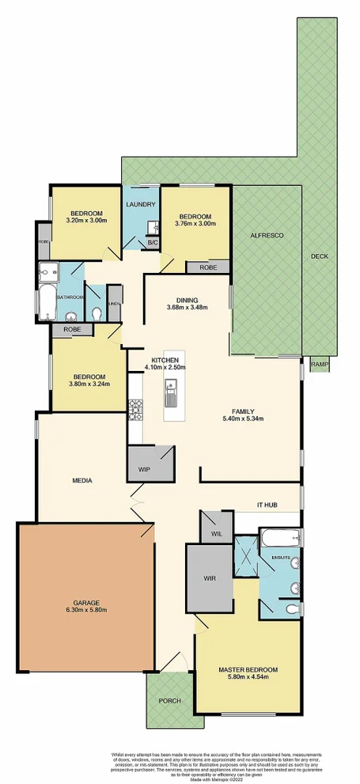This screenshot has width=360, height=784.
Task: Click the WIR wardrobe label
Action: pos(210,578)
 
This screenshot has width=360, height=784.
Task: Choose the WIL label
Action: pos(216,535)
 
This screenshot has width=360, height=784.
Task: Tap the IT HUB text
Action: pos(267,505)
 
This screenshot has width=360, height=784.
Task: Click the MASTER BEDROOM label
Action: pos(248,669)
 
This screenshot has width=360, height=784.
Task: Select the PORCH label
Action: pos(170,701)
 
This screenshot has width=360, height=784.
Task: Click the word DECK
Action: pos(319,256)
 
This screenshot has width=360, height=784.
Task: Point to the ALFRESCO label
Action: pos(262,236)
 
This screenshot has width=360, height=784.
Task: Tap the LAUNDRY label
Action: pos(141,205)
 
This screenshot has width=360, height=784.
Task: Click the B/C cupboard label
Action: pos(153,243)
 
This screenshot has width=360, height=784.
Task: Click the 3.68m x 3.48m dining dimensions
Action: pos(188,308)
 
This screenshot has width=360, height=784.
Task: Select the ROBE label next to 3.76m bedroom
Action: pos(209,267)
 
